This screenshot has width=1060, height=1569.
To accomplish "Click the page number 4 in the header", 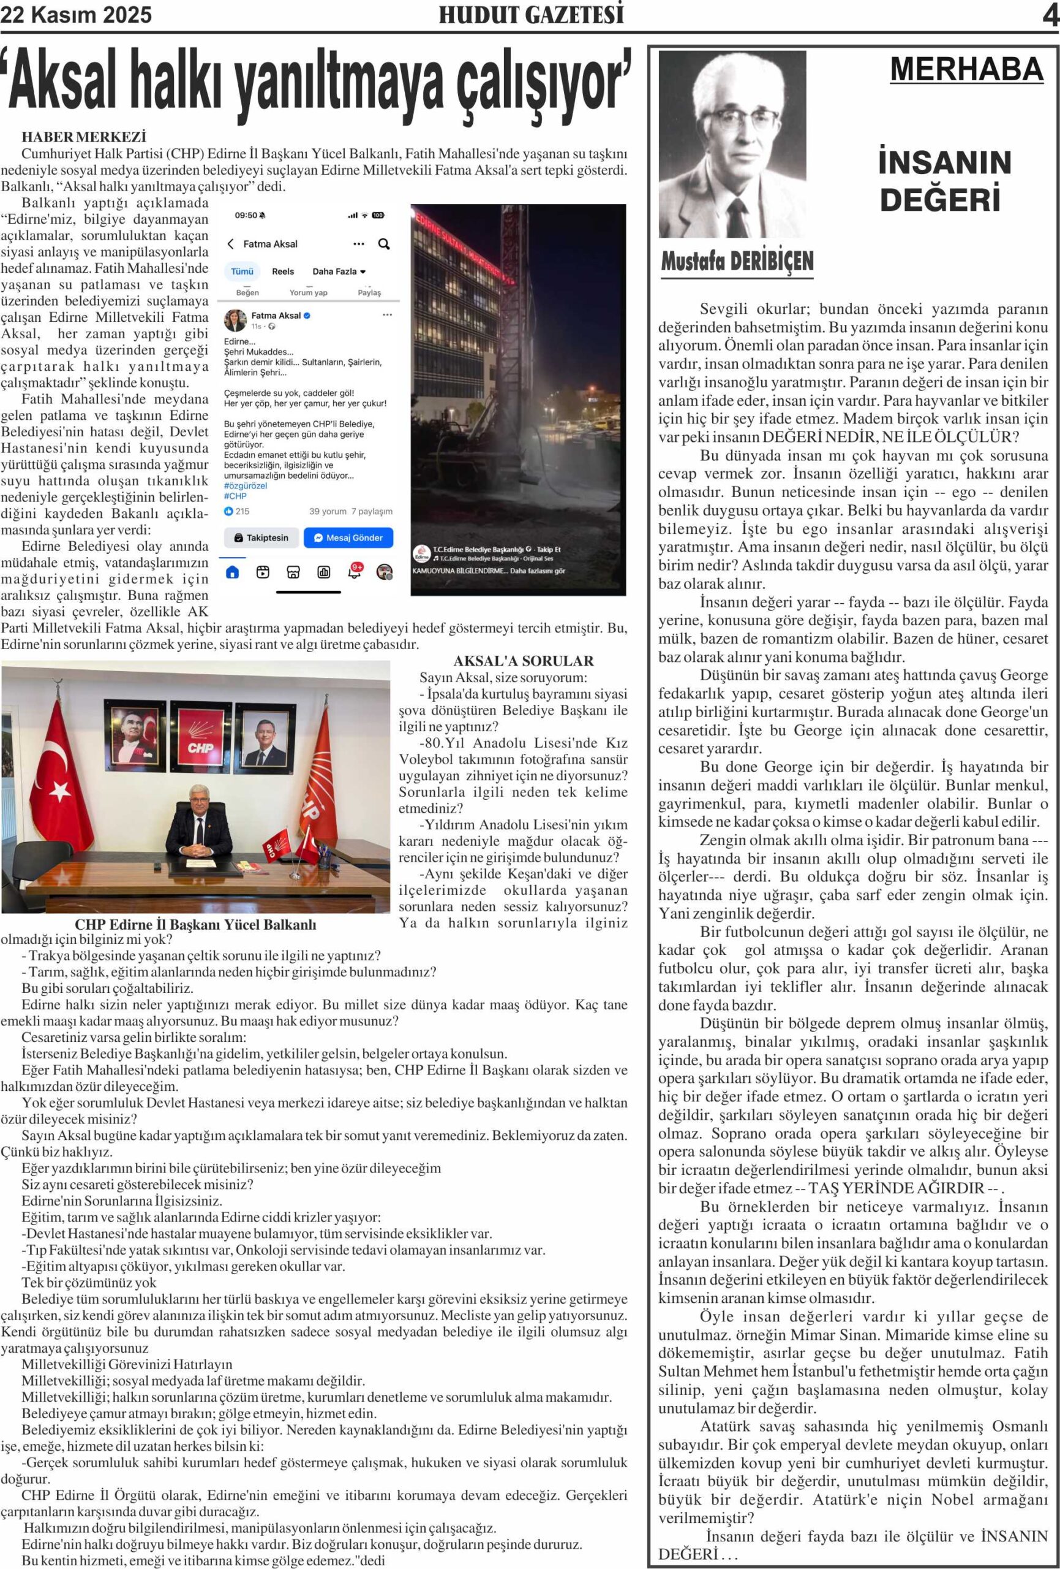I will [1050, 15].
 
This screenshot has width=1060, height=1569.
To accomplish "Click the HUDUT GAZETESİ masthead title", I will [531, 15].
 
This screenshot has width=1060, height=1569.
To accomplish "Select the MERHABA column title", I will [966, 69].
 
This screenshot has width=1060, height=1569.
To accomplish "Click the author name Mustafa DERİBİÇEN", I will [737, 260].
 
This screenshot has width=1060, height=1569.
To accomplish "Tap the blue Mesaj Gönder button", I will [348, 538].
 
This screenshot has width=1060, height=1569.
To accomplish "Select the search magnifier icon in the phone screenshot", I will [384, 244].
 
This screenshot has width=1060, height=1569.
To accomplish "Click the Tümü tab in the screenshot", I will [242, 272].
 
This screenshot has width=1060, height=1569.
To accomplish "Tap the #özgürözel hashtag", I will [246, 485].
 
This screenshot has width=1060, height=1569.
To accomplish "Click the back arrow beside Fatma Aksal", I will [231, 244].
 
